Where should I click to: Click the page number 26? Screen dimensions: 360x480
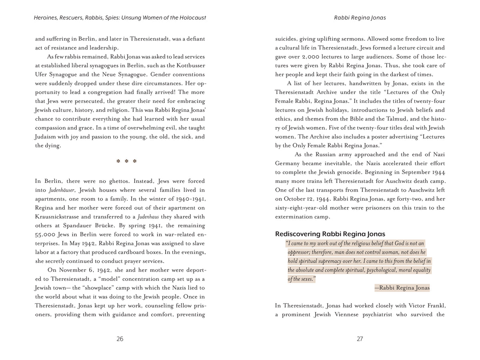[x=120, y=339]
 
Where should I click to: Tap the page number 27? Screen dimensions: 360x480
[x=360, y=339]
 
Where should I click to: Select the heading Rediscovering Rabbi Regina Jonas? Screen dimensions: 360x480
[x=330, y=234]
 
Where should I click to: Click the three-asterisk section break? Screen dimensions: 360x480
[x=126, y=162]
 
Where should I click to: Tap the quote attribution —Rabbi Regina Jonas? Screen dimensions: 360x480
[x=402, y=288]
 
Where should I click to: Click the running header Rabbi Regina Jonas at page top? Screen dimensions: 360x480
[x=360, y=18]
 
